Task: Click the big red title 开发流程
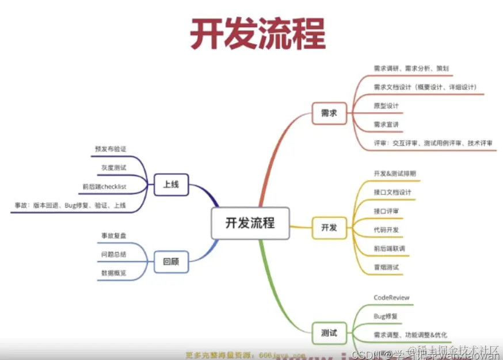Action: pos(258,34)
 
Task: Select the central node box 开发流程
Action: pos(250,223)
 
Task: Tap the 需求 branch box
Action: pos(329,113)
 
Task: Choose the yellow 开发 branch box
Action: pos(329,228)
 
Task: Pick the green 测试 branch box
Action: pos(329,332)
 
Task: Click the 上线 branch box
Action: pos(171,184)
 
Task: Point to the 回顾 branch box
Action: pos(171,262)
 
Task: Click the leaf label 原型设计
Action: pos(386,106)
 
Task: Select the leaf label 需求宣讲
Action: pos(386,124)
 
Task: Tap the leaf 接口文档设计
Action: pos(393,192)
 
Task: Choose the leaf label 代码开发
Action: pos(386,230)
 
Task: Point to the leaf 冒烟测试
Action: pos(386,267)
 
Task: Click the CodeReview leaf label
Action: pos(391,297)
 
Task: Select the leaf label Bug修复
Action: pos(386,316)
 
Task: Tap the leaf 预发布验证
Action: pos(110,148)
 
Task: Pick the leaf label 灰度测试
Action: pos(113,167)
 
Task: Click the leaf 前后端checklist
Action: pos(104,186)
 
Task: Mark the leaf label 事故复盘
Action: pos(113,235)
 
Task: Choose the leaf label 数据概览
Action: pos(113,273)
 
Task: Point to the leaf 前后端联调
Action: pos(390,248)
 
